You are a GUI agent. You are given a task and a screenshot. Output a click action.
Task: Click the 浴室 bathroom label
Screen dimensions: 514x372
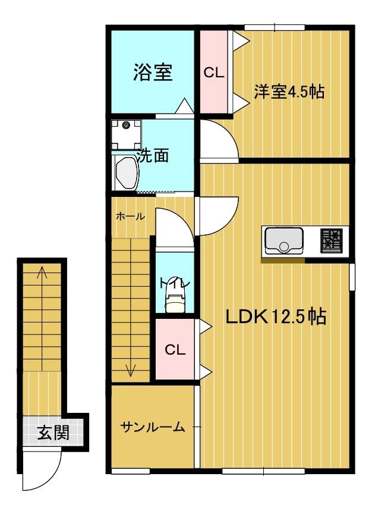pyautogui.click(x=153, y=73)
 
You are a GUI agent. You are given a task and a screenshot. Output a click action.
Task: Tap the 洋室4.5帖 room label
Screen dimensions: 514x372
pyautogui.click(x=289, y=92)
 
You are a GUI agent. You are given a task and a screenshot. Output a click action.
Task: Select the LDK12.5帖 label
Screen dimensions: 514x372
pyautogui.click(x=275, y=316)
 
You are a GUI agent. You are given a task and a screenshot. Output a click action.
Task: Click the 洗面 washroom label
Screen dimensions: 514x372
pyautogui.click(x=153, y=156)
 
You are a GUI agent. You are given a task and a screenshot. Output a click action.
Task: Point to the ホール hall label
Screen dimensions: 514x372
pyautogui.click(x=130, y=217)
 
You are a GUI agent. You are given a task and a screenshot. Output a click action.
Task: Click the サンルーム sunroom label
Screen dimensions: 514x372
pyautogui.click(x=153, y=427)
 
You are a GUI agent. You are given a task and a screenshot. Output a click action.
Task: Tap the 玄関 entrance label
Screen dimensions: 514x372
pyautogui.click(x=53, y=432)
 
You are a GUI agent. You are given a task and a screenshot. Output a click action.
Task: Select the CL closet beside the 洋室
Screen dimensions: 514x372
pyautogui.click(x=213, y=73)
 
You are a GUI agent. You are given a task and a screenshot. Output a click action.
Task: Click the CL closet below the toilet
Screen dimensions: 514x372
pyautogui.click(x=175, y=350)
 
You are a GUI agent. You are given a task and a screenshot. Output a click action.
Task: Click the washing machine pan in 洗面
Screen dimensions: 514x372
pyautogui.click(x=127, y=134)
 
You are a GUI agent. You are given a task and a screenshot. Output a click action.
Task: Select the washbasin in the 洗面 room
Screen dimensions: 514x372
pyautogui.click(x=126, y=172)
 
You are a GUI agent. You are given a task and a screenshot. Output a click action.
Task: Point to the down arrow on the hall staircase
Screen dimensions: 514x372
pyautogui.click(x=130, y=370)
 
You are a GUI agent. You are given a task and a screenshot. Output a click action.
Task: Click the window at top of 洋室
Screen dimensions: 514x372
pyautogui.click(x=275, y=27)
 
